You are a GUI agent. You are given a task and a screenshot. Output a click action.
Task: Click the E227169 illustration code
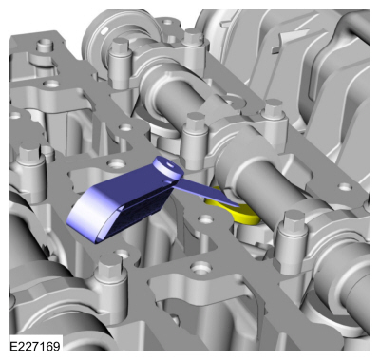(35, 346)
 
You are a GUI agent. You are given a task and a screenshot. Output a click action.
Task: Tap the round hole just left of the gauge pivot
(116, 164)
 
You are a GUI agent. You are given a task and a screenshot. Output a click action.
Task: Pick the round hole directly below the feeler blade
(206, 219)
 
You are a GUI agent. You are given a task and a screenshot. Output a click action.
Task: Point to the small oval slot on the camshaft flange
(104, 30)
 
